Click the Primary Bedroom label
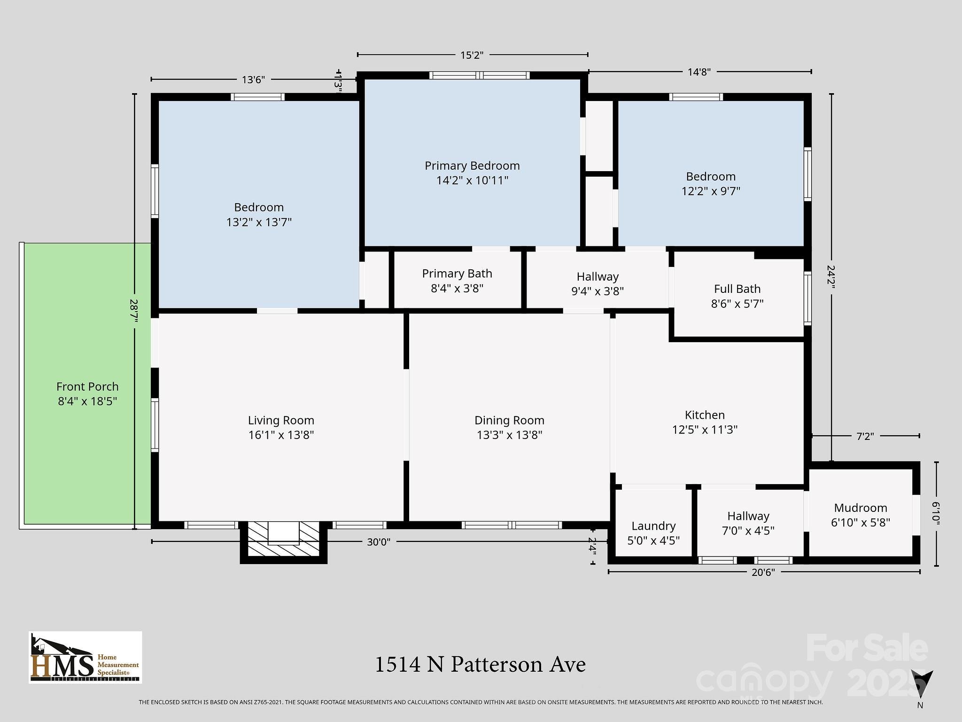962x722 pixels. coord(472,166)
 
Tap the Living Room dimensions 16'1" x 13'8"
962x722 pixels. coord(281,435)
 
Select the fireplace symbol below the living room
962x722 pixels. coord(283,541)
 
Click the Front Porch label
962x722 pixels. coord(87,387)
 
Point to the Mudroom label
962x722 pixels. coord(861,508)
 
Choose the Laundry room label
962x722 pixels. coord(653,526)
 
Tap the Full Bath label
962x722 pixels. coord(737,289)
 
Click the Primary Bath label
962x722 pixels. coord(457,274)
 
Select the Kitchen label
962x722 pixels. coord(705,415)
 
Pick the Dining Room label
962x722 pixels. coord(510,421)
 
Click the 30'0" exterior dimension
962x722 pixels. coord(379,542)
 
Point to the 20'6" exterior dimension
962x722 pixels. coord(763,573)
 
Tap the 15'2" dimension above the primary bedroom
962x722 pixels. coord(472,55)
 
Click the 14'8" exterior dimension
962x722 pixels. coord(699,72)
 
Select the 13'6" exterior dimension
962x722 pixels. coord(254,80)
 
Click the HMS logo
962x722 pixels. coord(85,657)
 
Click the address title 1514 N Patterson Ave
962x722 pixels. coord(480,665)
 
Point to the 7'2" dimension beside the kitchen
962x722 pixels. coord(865,437)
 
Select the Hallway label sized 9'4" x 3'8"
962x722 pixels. coord(597,284)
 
